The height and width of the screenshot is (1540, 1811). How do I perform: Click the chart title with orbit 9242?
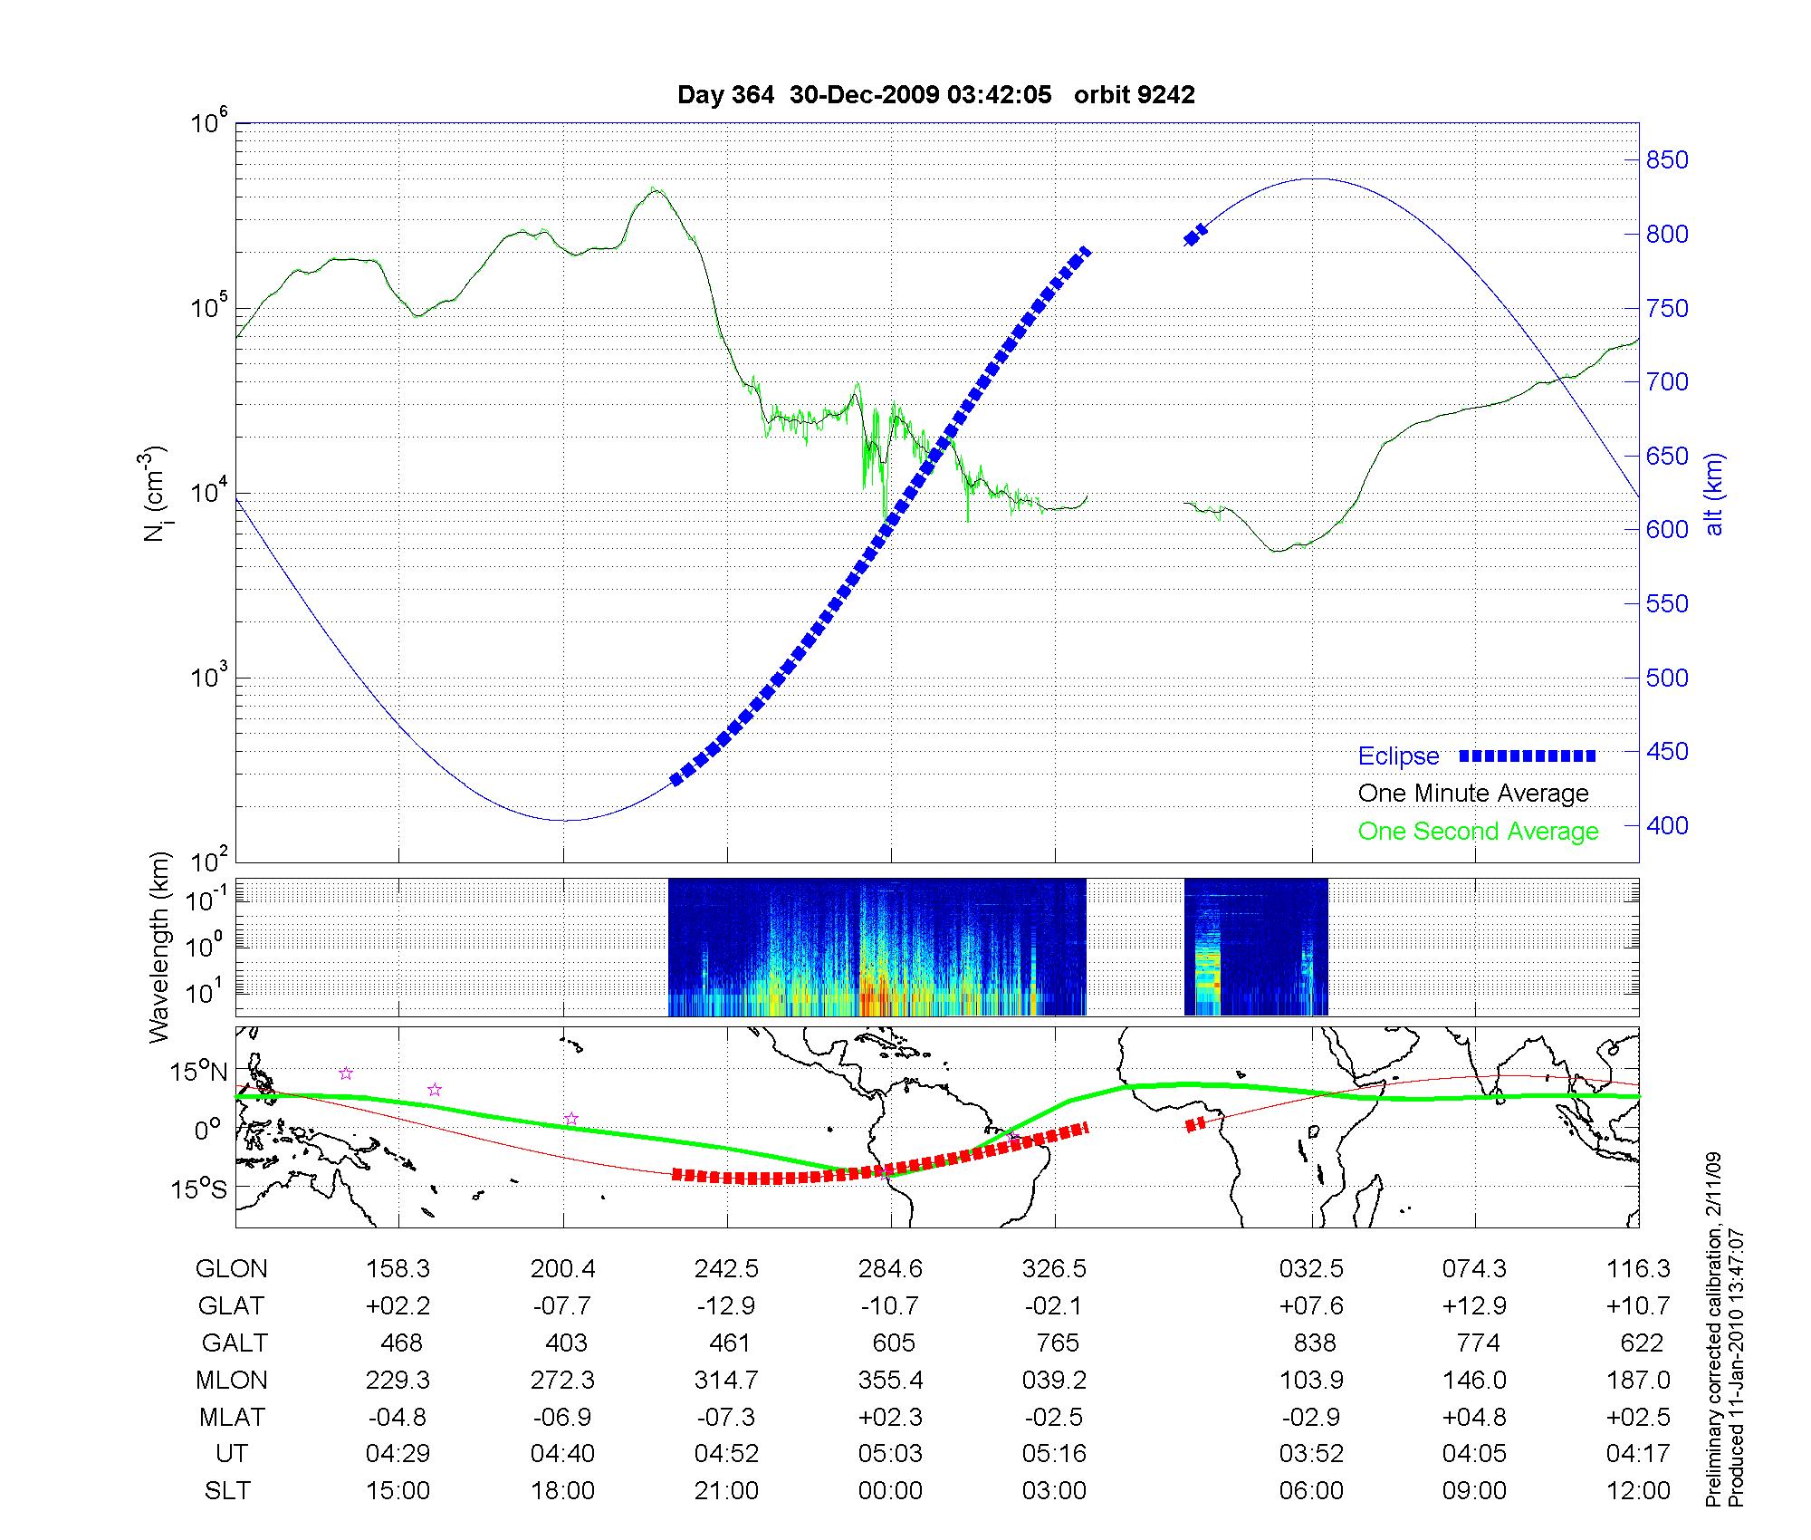point(935,95)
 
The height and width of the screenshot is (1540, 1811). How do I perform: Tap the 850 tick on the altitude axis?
point(1667,160)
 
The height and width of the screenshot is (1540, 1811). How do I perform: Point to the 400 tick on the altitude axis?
point(1667,825)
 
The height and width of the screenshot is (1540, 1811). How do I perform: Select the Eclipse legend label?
point(1398,756)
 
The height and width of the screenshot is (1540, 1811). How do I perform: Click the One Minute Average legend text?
point(1473,794)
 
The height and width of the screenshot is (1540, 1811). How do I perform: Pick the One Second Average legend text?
point(1478,832)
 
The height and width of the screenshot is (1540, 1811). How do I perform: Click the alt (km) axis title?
point(1713,494)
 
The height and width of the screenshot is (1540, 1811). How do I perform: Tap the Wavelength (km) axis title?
point(160,948)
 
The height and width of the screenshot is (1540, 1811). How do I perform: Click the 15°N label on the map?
point(199,1073)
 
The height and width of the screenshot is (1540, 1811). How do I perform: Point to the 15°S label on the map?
point(199,1188)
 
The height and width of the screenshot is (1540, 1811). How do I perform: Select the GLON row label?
point(231,1269)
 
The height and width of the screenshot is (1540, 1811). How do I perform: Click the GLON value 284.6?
point(890,1269)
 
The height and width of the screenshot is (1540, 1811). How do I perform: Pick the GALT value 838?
point(1314,1343)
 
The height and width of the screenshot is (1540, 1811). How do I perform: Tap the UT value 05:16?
point(1054,1454)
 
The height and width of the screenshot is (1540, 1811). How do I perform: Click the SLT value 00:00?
point(890,1491)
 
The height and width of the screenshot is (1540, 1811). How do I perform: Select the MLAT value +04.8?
point(1474,1417)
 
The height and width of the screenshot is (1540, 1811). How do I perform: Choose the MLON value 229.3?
point(398,1381)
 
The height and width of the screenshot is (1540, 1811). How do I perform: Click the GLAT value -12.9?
point(726,1306)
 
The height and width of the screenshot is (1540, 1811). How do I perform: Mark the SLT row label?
point(227,1491)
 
